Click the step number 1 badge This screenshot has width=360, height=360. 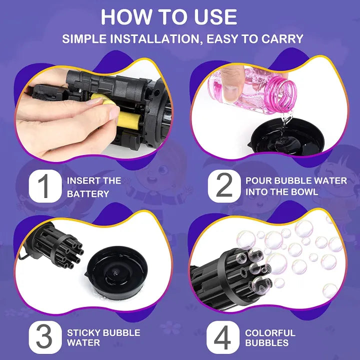pyautogui.click(x=45, y=185)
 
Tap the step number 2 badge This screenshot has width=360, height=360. pyautogui.click(x=224, y=185)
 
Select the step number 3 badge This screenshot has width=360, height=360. pyautogui.click(x=45, y=337)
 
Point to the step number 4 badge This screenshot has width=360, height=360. pyautogui.click(x=222, y=337)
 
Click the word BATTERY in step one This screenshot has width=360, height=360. pyautogui.click(x=88, y=194)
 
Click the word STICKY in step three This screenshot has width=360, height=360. pyautogui.click(x=83, y=332)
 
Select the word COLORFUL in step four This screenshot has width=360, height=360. pyautogui.click(x=270, y=332)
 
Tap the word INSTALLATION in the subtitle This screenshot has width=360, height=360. pyautogui.click(x=155, y=38)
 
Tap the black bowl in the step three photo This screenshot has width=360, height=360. pyautogui.click(x=116, y=272)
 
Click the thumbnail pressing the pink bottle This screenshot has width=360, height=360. pyautogui.click(x=230, y=93)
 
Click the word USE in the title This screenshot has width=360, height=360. pyautogui.click(x=215, y=17)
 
